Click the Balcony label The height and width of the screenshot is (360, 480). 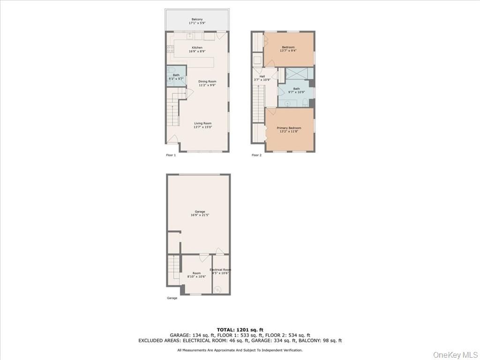pyautogui.click(x=197, y=19)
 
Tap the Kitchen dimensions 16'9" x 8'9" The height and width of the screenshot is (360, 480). pyautogui.click(x=197, y=51)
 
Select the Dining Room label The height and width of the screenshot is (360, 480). pyautogui.click(x=207, y=82)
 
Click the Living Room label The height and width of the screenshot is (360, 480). pyautogui.click(x=203, y=124)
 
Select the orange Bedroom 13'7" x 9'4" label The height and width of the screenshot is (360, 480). pyautogui.click(x=288, y=47)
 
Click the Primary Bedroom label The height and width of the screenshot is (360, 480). pyautogui.click(x=289, y=128)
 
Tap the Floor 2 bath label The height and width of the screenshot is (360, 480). pyautogui.click(x=296, y=89)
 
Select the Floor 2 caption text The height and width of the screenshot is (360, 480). pyautogui.click(x=256, y=155)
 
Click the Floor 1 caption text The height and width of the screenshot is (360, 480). pyautogui.click(x=171, y=155)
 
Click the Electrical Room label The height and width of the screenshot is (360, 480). pyautogui.click(x=220, y=270)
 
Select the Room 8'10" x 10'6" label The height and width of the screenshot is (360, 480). pyautogui.click(x=196, y=273)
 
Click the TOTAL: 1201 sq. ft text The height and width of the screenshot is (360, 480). pyautogui.click(x=240, y=330)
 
